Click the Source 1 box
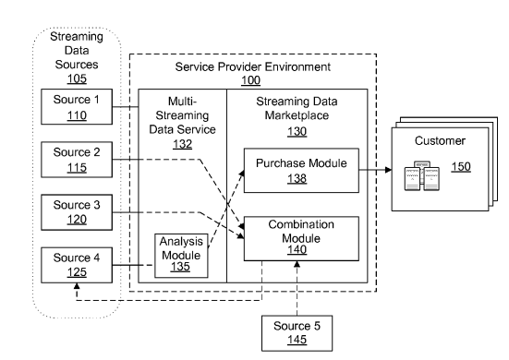click(x=77, y=107)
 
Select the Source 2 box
click(x=77, y=160)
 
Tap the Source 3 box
click(x=77, y=212)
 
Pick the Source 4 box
click(x=77, y=265)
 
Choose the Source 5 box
click(x=297, y=333)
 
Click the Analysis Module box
click(x=181, y=256)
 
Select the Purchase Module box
click(x=301, y=171)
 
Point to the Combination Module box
click(x=301, y=238)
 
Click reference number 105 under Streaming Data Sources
click(x=77, y=78)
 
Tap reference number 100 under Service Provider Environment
click(x=250, y=80)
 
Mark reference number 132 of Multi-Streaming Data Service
click(x=182, y=144)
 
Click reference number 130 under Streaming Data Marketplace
click(x=297, y=132)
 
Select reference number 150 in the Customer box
click(x=461, y=167)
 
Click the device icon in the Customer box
click(x=421, y=175)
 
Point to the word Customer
click(x=440, y=140)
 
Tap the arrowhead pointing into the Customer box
click(x=388, y=170)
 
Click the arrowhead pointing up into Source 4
click(x=77, y=286)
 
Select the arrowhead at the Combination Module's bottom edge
click(x=297, y=264)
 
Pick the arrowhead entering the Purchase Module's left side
click(x=241, y=174)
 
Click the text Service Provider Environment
click(x=253, y=66)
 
